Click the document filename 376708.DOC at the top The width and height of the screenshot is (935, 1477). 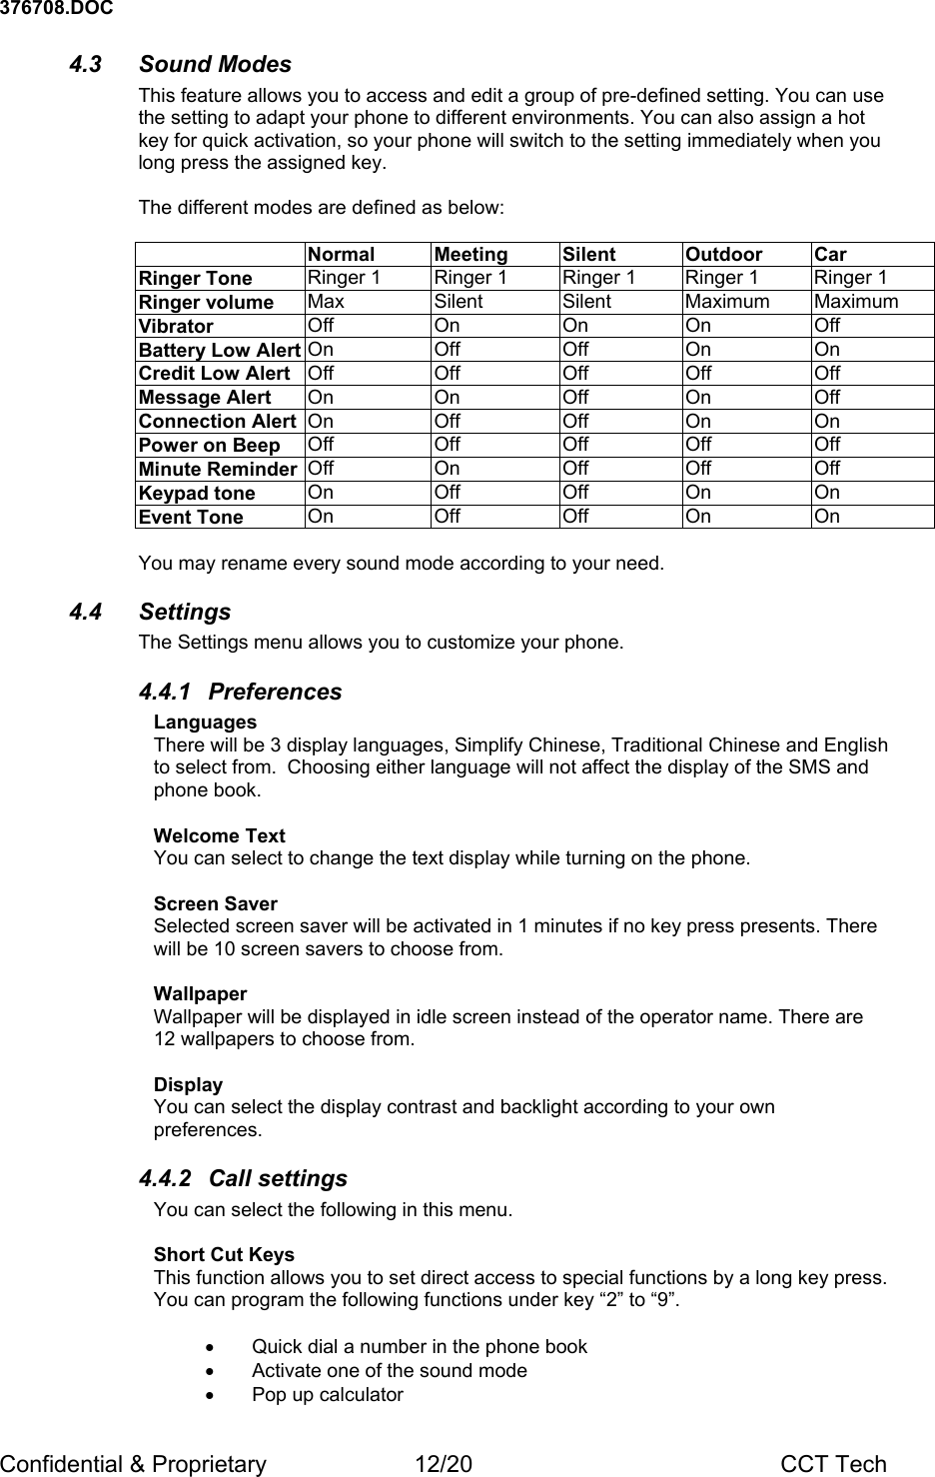pos(56,9)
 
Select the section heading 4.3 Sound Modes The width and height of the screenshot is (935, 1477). pos(181,64)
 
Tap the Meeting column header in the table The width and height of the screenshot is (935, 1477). pos(470,254)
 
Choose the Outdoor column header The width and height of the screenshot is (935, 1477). pos(723,254)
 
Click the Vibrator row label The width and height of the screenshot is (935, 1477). pos(176,326)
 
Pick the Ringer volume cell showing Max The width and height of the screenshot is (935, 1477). pos(326,301)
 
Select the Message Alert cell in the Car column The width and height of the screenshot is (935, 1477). pos(827,397)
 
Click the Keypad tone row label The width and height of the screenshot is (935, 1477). pos(197,493)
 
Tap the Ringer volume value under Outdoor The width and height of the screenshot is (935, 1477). pos(727,301)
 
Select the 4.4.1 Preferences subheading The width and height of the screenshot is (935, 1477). pos(240,692)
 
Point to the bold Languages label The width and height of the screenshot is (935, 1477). pos(205,722)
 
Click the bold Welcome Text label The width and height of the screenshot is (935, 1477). pos(219,835)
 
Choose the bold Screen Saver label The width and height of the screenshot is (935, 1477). pos(215,903)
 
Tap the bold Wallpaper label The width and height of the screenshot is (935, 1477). pos(200,993)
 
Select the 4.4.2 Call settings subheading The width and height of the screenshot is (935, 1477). pos(243,1178)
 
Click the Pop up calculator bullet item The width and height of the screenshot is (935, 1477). pos(327,1394)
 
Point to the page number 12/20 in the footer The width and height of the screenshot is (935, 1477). pos(444,1464)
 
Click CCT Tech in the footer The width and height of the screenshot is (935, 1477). pos(833,1464)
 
